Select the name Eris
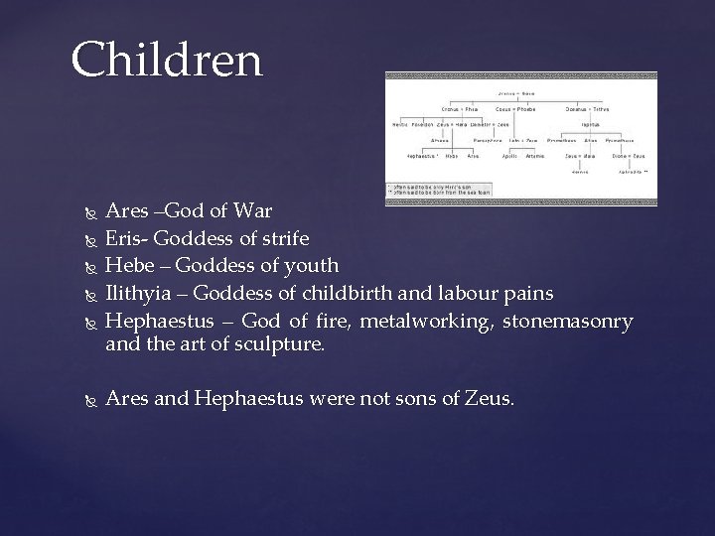(125, 238)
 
